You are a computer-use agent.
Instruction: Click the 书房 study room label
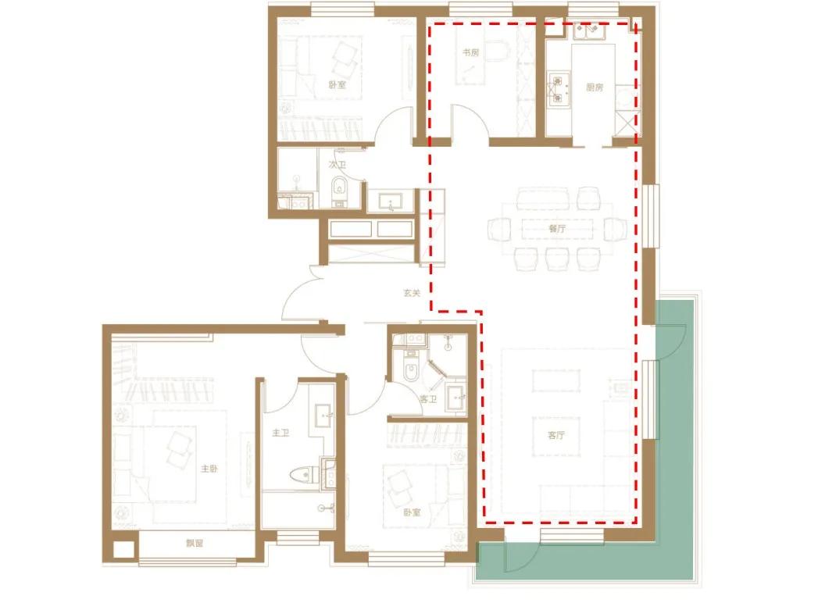[x=470, y=52]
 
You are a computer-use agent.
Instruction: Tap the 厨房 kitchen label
[x=595, y=87]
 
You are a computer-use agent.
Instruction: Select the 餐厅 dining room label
[x=557, y=229]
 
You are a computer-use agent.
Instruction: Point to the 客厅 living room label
[x=556, y=434]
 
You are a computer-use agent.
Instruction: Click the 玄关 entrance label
[x=413, y=293]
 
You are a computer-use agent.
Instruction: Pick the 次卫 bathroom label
[x=338, y=165]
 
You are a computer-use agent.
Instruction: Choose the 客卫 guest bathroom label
[x=428, y=399]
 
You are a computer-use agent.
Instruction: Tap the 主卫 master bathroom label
[x=280, y=433]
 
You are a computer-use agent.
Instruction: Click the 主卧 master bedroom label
[x=209, y=469]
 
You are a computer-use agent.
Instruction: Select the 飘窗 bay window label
[x=195, y=543]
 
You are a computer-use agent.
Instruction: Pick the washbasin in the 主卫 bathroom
[x=324, y=415]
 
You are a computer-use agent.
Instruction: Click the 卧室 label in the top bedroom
[x=337, y=84]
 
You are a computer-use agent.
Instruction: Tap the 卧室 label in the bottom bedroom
[x=412, y=512]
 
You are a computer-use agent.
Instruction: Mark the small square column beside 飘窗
[x=123, y=551]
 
